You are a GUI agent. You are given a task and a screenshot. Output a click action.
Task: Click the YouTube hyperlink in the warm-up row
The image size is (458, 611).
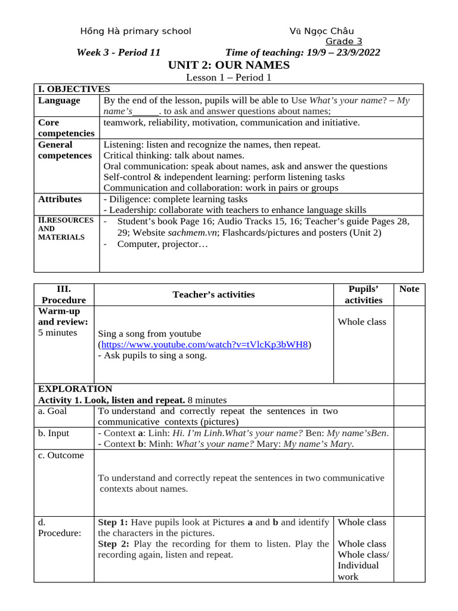(x=205, y=345)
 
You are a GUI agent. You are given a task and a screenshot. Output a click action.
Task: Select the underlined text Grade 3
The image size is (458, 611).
(x=343, y=41)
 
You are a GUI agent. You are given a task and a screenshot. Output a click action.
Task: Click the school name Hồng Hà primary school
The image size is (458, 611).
(x=135, y=31)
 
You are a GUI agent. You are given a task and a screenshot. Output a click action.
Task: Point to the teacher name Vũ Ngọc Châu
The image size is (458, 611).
(x=321, y=31)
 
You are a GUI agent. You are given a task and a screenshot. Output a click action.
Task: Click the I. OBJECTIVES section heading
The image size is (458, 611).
(x=74, y=89)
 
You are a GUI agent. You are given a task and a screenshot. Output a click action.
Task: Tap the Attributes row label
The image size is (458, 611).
(x=60, y=199)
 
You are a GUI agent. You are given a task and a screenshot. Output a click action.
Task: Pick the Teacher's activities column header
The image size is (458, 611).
(x=213, y=294)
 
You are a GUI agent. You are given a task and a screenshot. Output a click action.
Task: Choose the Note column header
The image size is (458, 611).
(x=409, y=289)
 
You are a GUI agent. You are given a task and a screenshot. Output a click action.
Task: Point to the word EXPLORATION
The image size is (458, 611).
(x=75, y=389)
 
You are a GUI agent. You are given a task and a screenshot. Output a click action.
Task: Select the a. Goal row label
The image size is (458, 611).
(x=53, y=411)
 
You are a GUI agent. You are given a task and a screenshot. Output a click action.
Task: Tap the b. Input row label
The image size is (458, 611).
(x=54, y=433)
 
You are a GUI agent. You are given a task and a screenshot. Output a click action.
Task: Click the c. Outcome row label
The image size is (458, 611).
(x=61, y=455)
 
